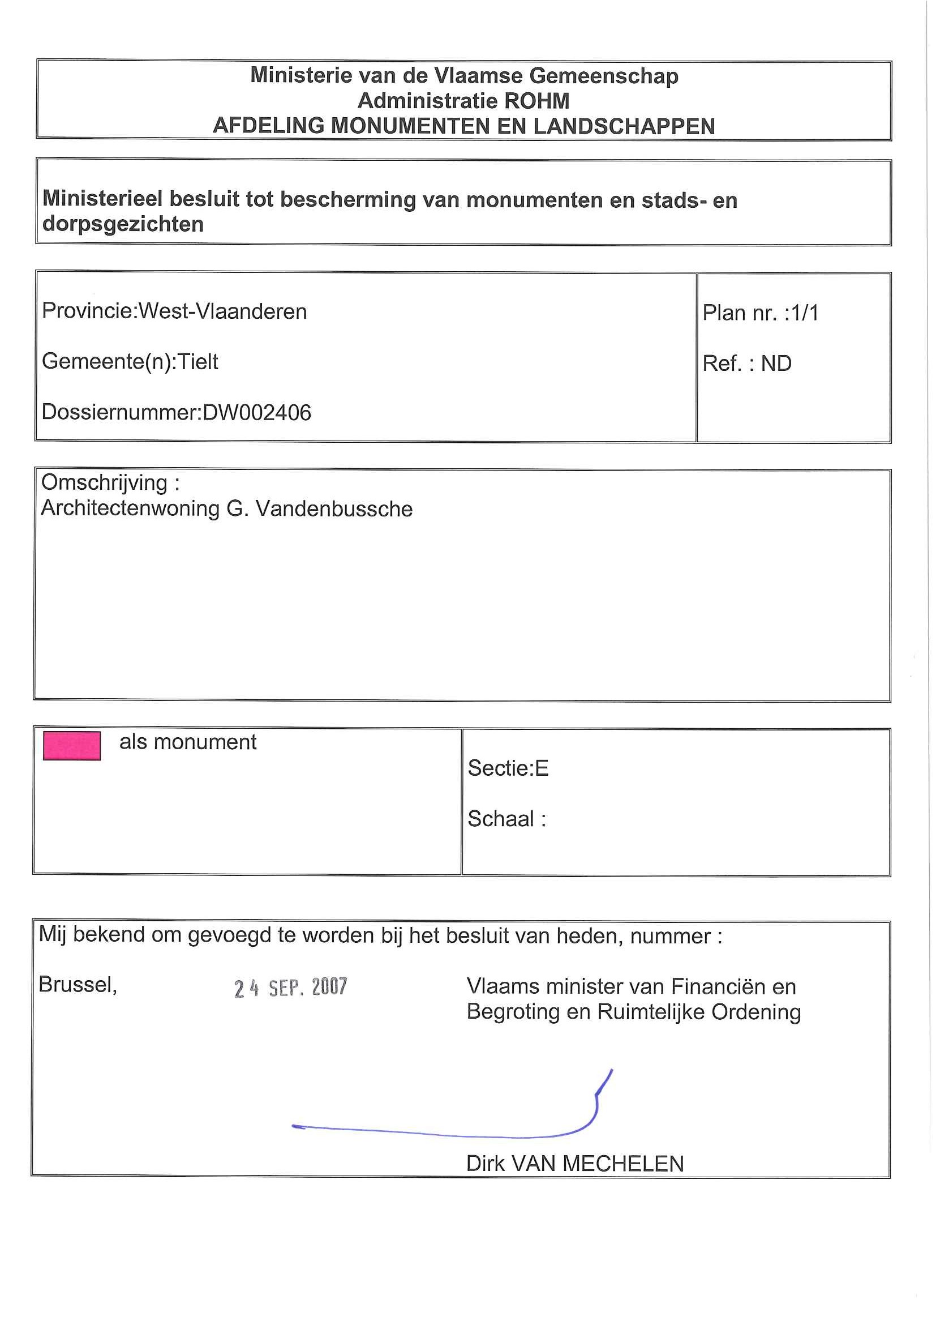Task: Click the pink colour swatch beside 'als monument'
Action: (x=71, y=745)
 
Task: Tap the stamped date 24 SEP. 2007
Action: (x=290, y=988)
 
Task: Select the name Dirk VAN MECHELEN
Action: (x=574, y=1164)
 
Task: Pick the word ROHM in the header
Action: (x=536, y=101)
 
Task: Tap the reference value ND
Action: (x=776, y=364)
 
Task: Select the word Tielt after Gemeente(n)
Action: (x=198, y=362)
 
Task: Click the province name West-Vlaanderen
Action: (x=222, y=311)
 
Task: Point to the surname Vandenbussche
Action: (x=334, y=509)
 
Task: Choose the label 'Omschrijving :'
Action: (x=110, y=482)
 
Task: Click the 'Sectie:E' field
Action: (x=508, y=768)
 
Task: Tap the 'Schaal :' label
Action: (x=506, y=819)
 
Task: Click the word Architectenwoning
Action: (x=130, y=509)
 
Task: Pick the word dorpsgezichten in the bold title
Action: (x=123, y=224)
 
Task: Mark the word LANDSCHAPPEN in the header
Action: (x=624, y=126)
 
